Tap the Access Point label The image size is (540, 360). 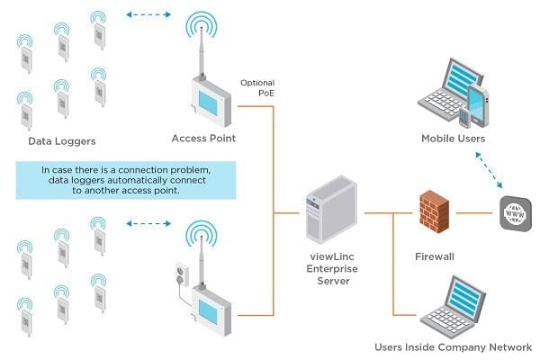tap(203, 139)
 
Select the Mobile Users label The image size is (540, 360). tap(453, 139)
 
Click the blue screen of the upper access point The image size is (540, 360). tap(208, 103)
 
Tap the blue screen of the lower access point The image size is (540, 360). tap(209, 311)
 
